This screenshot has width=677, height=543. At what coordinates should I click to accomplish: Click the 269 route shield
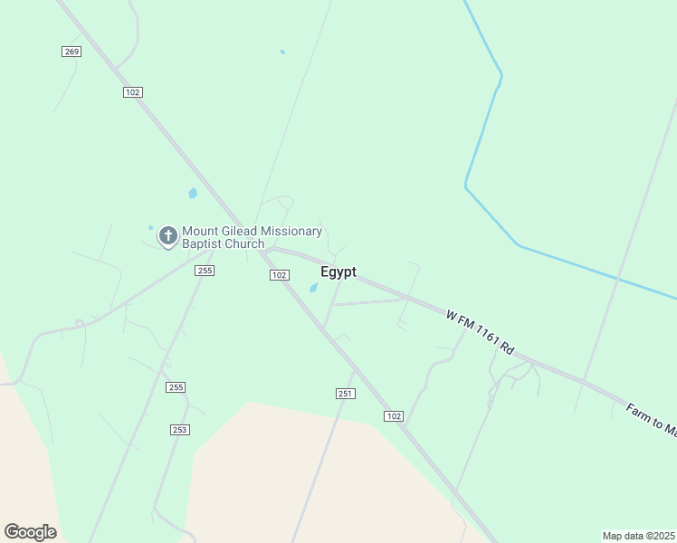coord(72,52)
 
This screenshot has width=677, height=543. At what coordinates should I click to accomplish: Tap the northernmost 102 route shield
coord(133,92)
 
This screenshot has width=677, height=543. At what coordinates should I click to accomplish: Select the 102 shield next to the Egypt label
coord(279,275)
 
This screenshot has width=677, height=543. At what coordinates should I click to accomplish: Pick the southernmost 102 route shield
coord(393,415)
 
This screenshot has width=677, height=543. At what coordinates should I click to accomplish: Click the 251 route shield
coord(345,394)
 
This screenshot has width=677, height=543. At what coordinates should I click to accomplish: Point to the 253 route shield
coord(179,429)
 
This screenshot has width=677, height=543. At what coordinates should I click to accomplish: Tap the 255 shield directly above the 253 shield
coord(176,387)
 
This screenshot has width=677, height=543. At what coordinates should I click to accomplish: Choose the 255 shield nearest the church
coord(205,271)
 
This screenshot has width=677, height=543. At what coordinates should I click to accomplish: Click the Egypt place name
coord(338,272)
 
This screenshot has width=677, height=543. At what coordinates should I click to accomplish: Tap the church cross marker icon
coord(167,236)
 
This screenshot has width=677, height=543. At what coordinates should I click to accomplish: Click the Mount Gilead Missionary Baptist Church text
coord(252,237)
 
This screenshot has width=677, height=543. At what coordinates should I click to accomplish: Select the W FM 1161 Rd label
coord(480,333)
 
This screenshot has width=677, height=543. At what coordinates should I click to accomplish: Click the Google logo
coord(30,532)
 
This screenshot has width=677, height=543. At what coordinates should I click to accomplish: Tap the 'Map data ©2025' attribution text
coord(638,536)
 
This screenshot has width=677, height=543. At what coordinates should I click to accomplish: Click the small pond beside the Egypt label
coord(313,289)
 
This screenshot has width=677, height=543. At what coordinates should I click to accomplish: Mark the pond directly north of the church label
coord(193,193)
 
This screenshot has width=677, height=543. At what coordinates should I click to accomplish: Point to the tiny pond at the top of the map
coord(282,52)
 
